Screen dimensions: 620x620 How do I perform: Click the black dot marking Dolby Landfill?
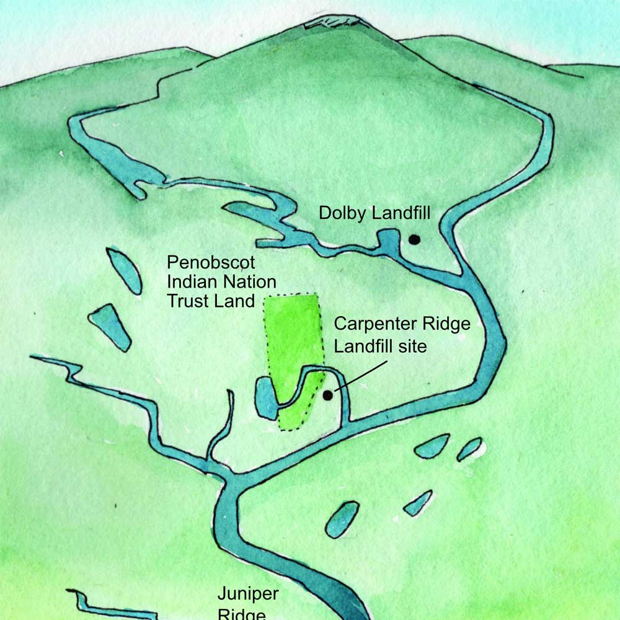[414, 239]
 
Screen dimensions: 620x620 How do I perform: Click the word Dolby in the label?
[343, 213]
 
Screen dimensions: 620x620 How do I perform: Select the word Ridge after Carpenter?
[449, 324]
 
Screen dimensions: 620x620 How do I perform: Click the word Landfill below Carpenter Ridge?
[364, 346]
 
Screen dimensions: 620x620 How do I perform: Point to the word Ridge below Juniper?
[242, 614]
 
